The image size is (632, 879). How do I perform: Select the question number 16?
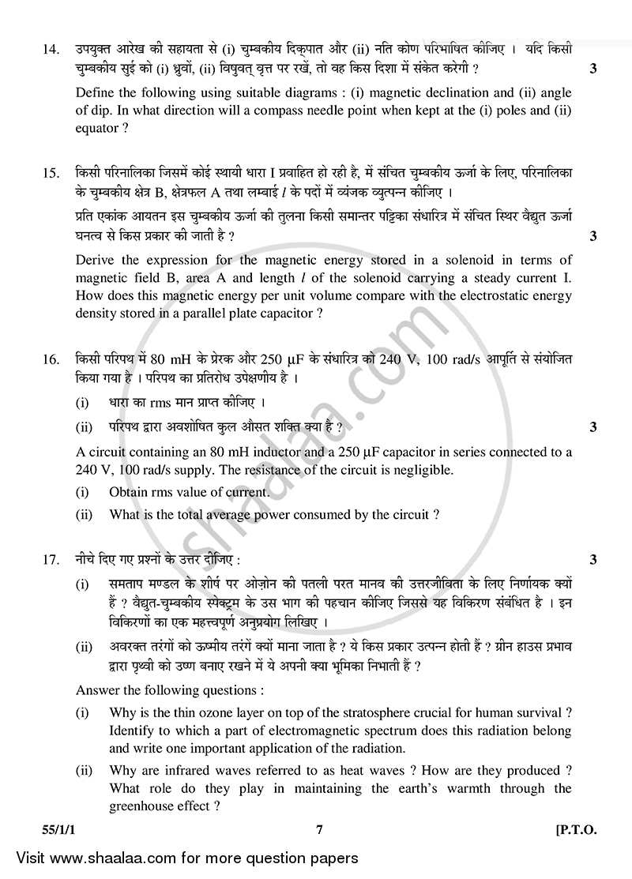pyautogui.click(x=50, y=360)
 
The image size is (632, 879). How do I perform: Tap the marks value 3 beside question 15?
pyautogui.click(x=592, y=236)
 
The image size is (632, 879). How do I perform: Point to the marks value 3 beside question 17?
pyautogui.click(x=592, y=560)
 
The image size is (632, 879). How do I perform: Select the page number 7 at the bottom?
pyautogui.click(x=319, y=830)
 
